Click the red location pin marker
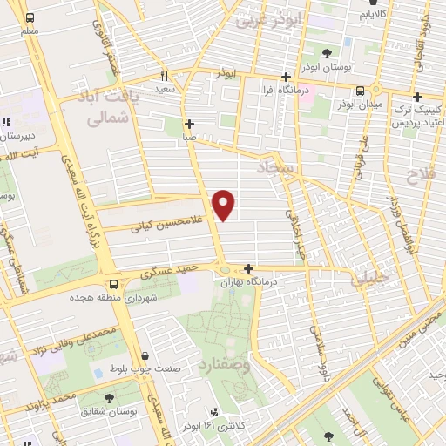[x=224, y=205]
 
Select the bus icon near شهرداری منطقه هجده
[x=114, y=284]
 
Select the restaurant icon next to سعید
[x=163, y=76]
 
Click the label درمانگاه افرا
[x=285, y=90]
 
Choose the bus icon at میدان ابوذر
[x=362, y=91]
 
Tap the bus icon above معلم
[x=31, y=18]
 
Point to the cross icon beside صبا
[x=189, y=124]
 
